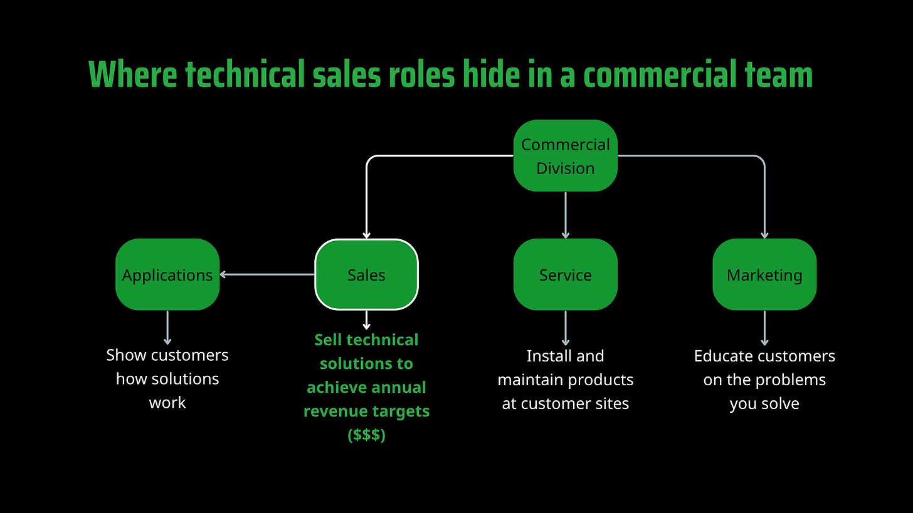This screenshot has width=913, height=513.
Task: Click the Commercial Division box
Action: point(565,156)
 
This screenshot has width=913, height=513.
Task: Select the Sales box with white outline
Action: point(366,274)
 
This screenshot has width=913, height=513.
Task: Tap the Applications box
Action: point(167,274)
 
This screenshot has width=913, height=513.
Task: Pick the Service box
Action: point(565,274)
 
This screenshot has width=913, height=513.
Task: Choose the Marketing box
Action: point(764,274)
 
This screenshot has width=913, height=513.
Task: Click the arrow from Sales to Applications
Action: point(267,274)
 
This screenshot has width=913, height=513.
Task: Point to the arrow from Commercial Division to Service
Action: point(566,215)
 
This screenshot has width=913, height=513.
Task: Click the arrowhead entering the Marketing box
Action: point(764,234)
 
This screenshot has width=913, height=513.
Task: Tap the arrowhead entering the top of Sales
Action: point(366,234)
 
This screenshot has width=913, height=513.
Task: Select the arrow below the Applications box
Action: point(167,327)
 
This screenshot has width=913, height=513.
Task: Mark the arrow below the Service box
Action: point(566,328)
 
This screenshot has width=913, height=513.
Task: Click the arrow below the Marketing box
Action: point(764,328)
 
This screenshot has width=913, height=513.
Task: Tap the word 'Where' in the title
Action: point(133,75)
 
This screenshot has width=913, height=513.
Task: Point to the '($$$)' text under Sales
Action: point(366,435)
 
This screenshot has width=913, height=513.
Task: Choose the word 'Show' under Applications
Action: point(126,355)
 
